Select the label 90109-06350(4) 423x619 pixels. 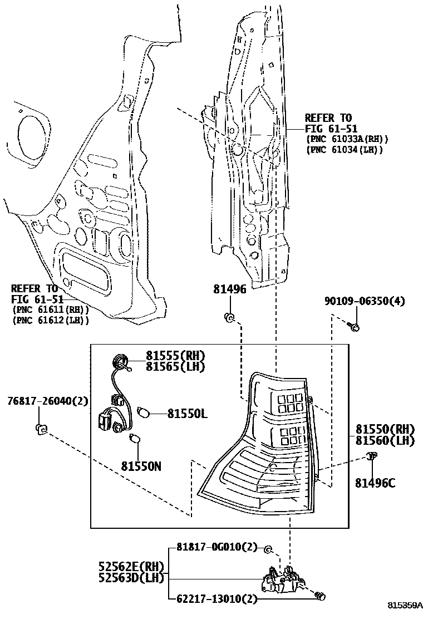pyautogui.click(x=365, y=301)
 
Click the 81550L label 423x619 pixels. pyautogui.click(x=187, y=414)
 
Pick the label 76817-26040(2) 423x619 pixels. pyautogui.click(x=48, y=401)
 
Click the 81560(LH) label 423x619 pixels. pyautogui.click(x=386, y=440)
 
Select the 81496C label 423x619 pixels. pyautogui.click(x=375, y=483)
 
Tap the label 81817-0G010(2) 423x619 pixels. pyautogui.click(x=217, y=547)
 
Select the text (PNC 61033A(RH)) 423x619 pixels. pyautogui.click(x=347, y=139)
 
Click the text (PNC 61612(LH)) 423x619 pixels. pyautogui.click(x=50, y=320)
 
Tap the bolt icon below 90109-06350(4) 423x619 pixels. pyautogui.click(x=354, y=326)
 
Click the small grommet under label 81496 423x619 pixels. pyautogui.click(x=229, y=318)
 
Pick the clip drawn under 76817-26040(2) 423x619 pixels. pyautogui.click(x=41, y=429)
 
